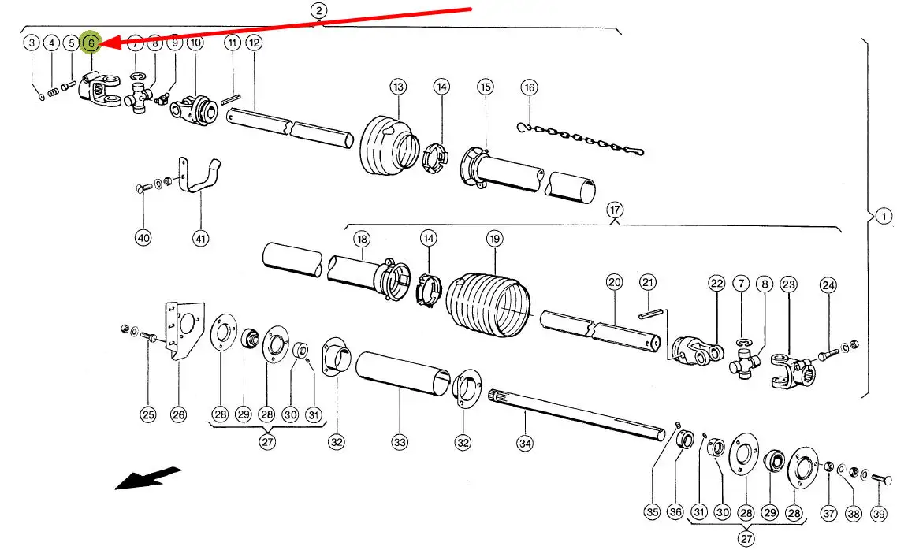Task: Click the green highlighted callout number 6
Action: point(91,43)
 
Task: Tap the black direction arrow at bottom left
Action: point(148,478)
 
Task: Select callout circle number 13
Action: point(397,86)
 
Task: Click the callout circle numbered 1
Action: point(884,216)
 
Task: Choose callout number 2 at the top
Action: point(318,11)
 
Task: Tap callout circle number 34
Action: point(525,443)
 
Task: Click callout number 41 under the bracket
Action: point(200,238)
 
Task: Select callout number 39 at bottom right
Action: point(880,515)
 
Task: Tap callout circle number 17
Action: point(614,210)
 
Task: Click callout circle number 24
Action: point(828,284)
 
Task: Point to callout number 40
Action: point(143,238)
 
